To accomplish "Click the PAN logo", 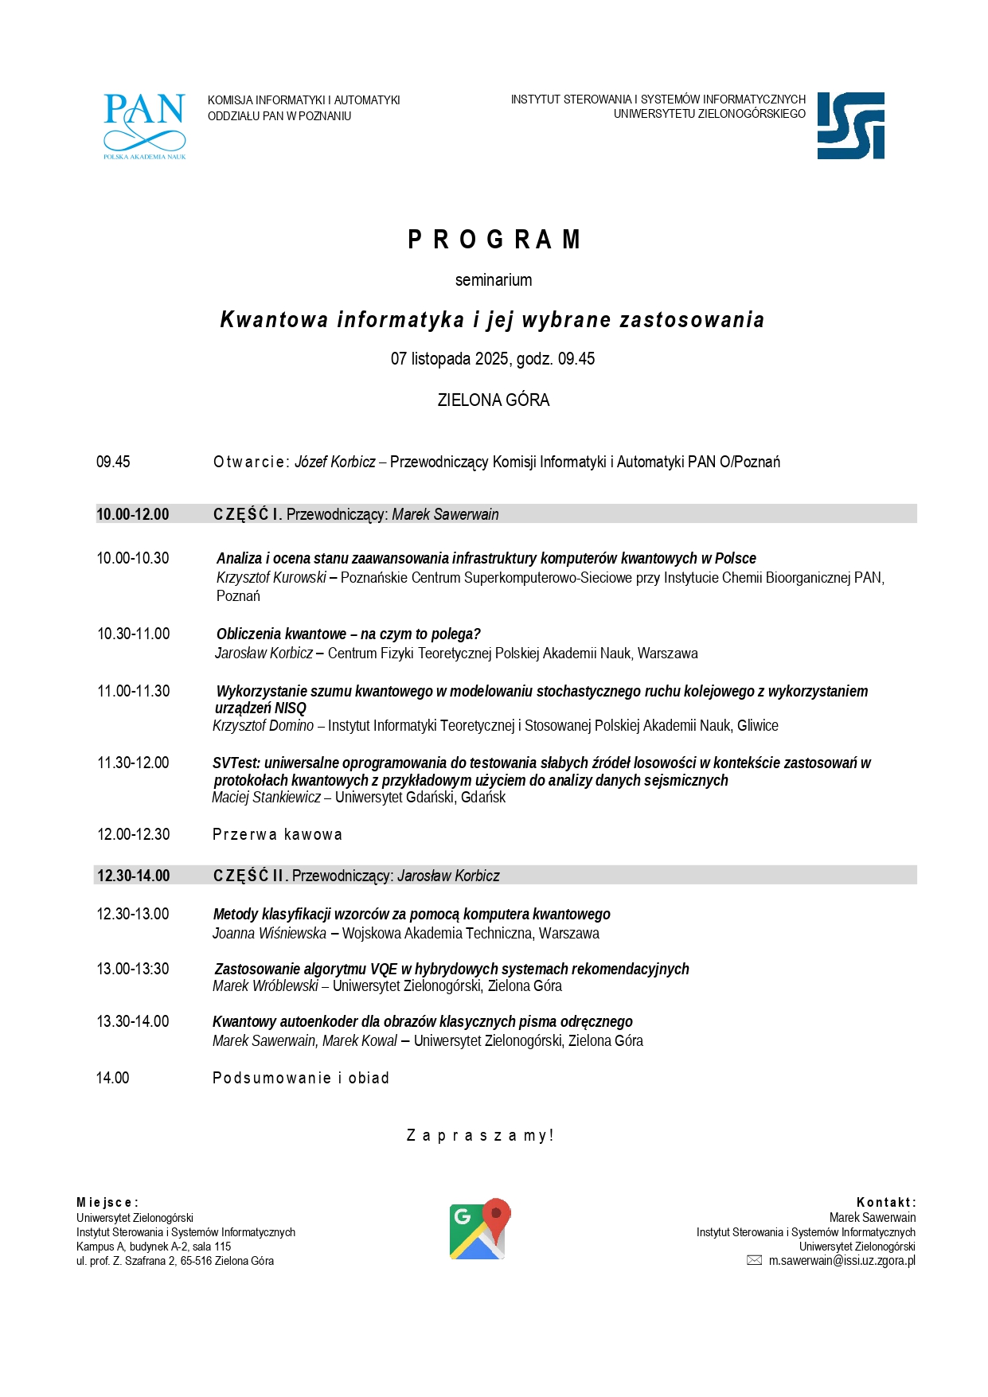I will coord(144,126).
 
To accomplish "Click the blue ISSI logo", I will coord(850,126).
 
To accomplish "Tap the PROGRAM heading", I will coord(494,240).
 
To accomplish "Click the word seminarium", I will coord(494,280).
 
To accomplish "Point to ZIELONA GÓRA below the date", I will coord(494,400).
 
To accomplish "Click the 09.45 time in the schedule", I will coord(113,462).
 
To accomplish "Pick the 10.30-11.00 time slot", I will coord(134,634).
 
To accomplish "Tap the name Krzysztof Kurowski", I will coord(271,578).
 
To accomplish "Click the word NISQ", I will coord(291,708).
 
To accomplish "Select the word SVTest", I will coord(235,763).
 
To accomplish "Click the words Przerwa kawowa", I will coord(277,835).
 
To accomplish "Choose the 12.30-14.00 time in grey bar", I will coord(134,876).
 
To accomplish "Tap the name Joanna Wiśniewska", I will coord(269,934).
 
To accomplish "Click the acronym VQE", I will coord(384,970).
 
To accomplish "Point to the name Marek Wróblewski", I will coord(265,986).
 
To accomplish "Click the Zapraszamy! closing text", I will coord(480,1136).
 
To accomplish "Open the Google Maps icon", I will coord(480,1229).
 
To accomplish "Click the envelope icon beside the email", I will coord(754,1261).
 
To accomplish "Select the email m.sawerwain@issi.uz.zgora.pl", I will coord(842,1261).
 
